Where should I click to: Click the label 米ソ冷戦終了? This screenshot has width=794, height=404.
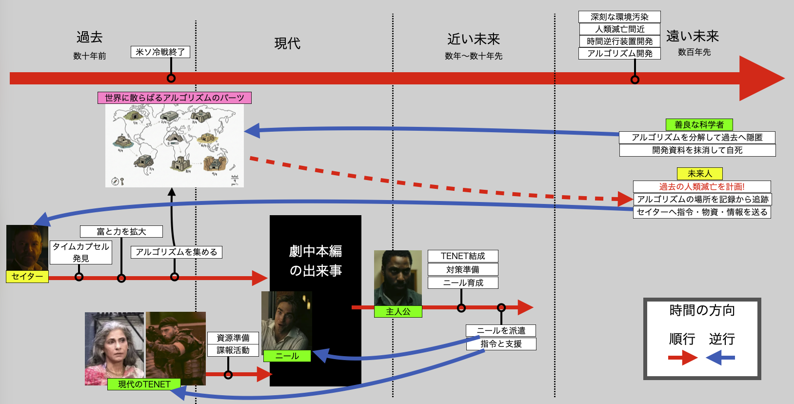tap(160, 52)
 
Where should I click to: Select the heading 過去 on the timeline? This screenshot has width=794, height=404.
tap(89, 37)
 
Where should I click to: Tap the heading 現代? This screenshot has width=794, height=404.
tap(287, 43)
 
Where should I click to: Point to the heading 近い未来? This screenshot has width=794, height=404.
tap(474, 39)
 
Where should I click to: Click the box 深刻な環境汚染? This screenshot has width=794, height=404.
tap(619, 17)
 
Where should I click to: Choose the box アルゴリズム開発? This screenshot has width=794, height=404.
tap(619, 53)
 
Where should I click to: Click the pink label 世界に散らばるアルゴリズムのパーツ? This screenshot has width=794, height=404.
tap(175, 98)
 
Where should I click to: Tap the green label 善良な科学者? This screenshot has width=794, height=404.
tap(699, 125)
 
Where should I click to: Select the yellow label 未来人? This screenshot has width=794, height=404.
tap(699, 174)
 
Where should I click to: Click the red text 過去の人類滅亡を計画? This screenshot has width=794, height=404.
tap(702, 186)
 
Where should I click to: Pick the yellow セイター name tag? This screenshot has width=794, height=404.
tap(27, 277)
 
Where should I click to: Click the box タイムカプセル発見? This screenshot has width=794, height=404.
tap(81, 252)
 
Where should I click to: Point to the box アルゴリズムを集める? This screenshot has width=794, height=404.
tap(176, 252)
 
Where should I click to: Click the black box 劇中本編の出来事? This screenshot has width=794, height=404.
tap(316, 261)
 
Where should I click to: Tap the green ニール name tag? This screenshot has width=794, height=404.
tap(287, 356)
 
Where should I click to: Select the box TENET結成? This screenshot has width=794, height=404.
tap(463, 256)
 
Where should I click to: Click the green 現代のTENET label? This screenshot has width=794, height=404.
tap(144, 384)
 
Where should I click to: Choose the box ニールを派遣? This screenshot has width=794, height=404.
tap(501, 331)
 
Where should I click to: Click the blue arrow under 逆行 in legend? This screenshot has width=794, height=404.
tap(720, 358)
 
